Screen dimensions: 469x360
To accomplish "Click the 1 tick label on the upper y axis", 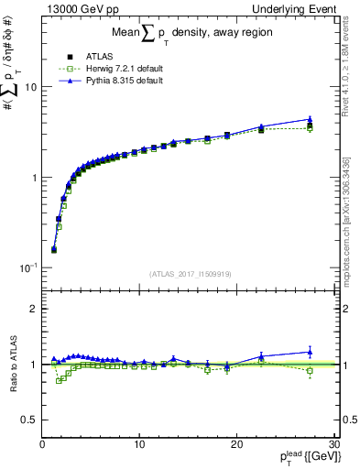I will pyautogui.click(x=34, y=178).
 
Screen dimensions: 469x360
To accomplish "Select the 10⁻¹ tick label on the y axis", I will pyautogui.click(x=29, y=267).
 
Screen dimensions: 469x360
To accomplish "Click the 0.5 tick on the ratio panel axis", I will pyautogui.click(x=29, y=420).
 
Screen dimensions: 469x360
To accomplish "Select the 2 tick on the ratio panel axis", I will pyautogui.click(x=34, y=309).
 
